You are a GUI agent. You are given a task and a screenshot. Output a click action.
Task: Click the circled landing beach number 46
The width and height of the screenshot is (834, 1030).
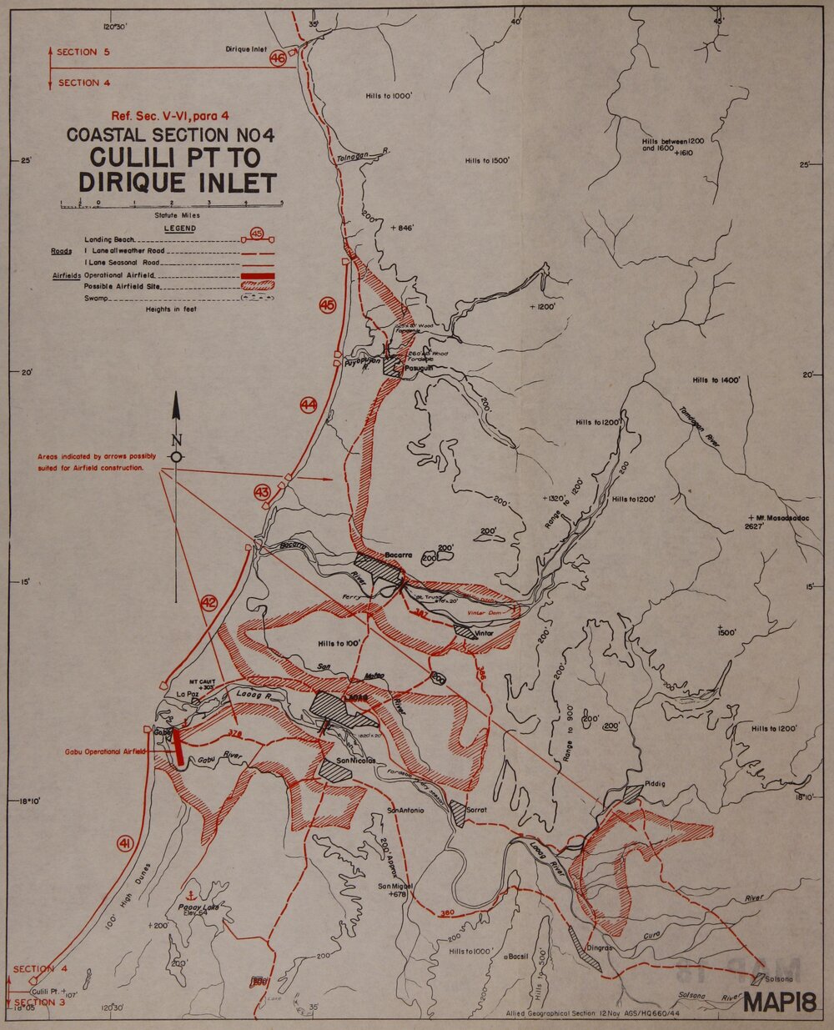click(278, 58)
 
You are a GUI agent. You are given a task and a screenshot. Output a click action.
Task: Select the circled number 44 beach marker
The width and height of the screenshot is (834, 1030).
click(309, 405)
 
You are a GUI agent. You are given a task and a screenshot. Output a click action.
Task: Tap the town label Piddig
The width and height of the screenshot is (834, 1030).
click(655, 783)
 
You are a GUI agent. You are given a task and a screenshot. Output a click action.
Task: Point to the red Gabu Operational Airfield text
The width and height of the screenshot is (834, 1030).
click(105, 751)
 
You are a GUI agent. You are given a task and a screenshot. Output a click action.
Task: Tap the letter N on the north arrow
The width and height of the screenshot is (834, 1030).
click(176, 440)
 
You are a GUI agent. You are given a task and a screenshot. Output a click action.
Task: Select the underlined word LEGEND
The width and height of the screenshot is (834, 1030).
click(179, 228)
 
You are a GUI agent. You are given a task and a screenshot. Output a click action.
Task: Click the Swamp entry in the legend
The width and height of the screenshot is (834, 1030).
click(96, 298)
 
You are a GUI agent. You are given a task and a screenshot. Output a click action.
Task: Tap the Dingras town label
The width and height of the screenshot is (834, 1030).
click(599, 947)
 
